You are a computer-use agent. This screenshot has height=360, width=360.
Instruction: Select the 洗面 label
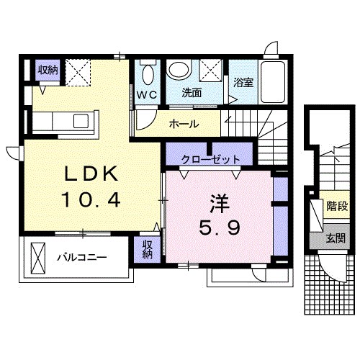coord(191,94)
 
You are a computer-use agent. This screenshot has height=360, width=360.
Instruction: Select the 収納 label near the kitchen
coord(48,70)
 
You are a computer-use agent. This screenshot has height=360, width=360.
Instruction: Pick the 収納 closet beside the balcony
coord(147,249)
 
